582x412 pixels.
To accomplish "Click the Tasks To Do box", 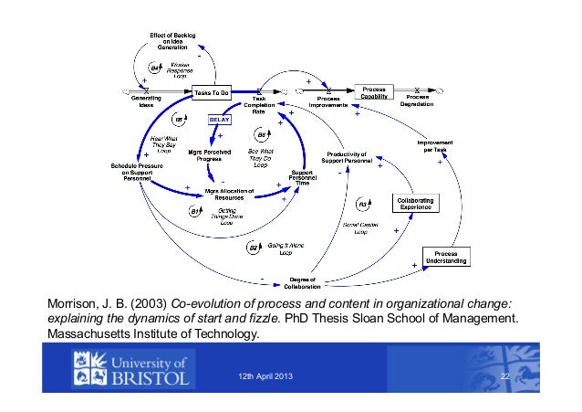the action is [212, 92].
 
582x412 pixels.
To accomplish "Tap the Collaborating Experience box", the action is [414, 203].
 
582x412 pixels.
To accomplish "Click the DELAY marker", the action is [220, 119].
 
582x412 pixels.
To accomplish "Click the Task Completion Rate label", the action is [265, 106].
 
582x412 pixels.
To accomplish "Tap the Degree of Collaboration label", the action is [301, 282].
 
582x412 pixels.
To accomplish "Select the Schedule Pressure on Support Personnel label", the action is [131, 173].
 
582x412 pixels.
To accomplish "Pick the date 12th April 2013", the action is [265, 378].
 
